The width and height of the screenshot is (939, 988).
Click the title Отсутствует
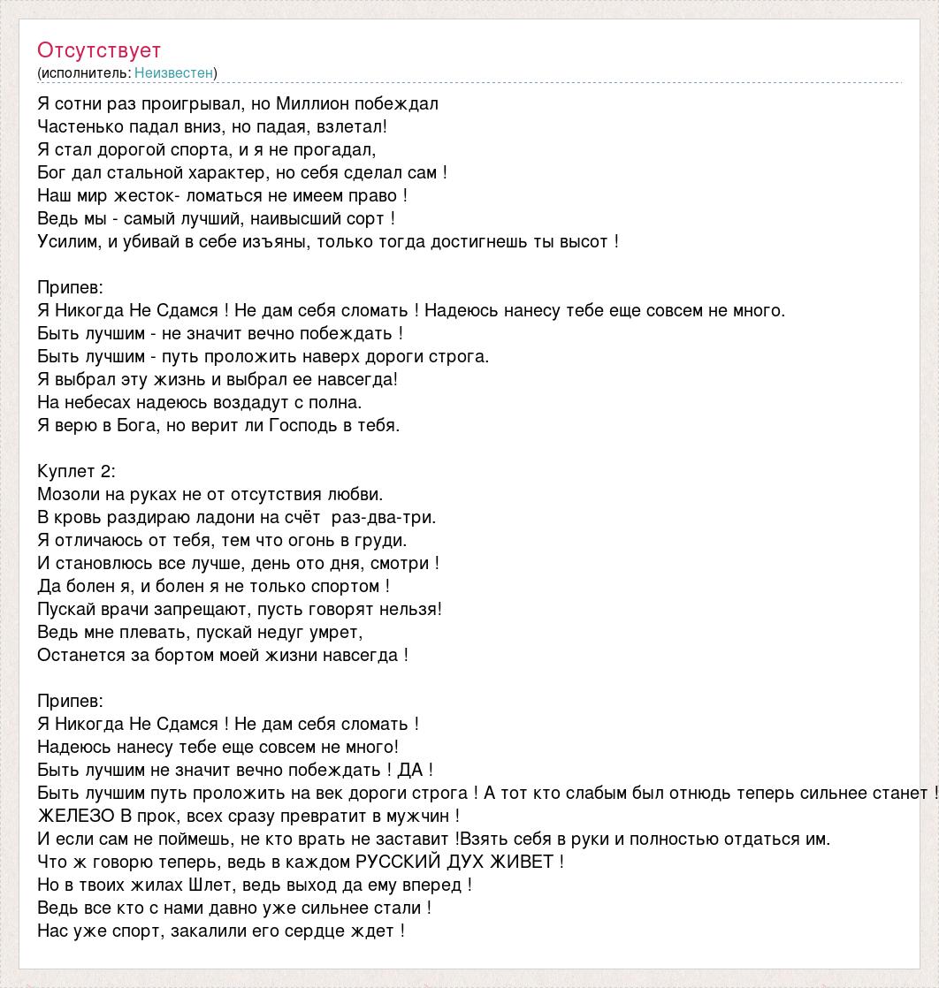pyautogui.click(x=99, y=50)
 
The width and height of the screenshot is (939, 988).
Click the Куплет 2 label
pyautogui.click(x=77, y=471)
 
